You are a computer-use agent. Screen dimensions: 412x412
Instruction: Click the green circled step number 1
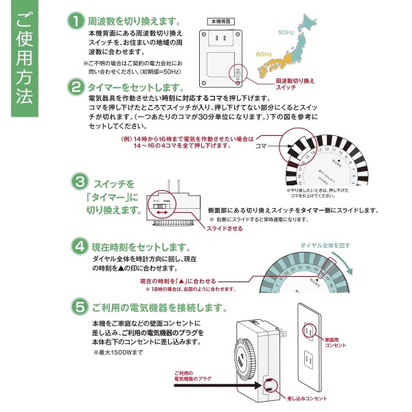click(75, 21)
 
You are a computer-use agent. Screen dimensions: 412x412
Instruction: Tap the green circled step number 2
click(75, 87)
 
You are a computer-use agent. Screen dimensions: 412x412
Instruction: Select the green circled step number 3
click(81, 182)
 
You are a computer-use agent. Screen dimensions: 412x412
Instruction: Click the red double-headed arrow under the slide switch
click(163, 214)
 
